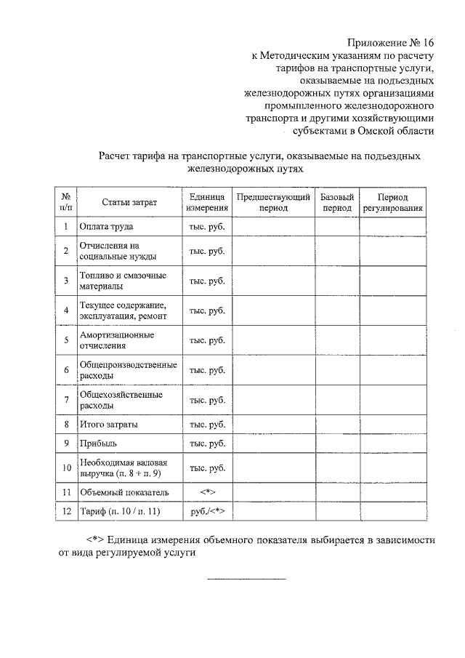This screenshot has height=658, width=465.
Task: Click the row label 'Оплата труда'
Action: click(x=106, y=227)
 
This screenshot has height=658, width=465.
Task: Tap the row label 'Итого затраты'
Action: click(x=109, y=424)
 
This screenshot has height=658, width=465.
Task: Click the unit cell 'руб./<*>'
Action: click(x=207, y=512)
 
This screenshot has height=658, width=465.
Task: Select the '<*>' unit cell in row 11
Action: click(x=207, y=492)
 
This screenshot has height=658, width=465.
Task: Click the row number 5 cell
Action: click(x=66, y=340)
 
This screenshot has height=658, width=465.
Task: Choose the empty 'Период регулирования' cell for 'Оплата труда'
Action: click(x=392, y=227)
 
